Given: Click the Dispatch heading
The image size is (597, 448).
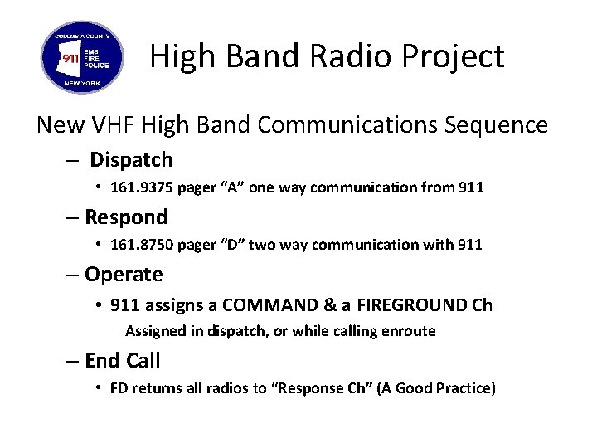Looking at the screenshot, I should pyautogui.click(x=131, y=159).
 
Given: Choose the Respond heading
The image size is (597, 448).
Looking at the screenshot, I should pyautogui.click(x=126, y=217).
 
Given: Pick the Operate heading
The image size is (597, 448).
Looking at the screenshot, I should pyautogui.click(x=124, y=274).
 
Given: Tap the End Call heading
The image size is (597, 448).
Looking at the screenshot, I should pyautogui.click(x=123, y=360).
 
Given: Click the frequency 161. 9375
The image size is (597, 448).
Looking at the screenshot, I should pyautogui.click(x=142, y=188).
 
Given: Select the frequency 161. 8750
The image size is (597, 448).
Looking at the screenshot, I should pyautogui.click(x=142, y=245).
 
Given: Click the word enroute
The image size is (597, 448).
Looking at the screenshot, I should pyautogui.click(x=407, y=332).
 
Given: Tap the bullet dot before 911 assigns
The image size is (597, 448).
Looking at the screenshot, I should pyautogui.click(x=99, y=305).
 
